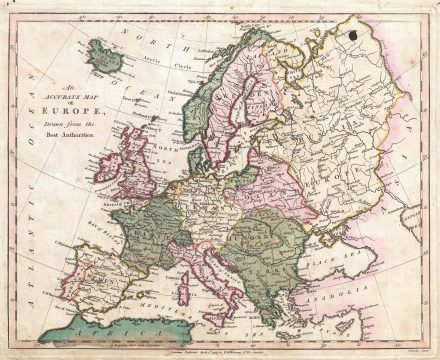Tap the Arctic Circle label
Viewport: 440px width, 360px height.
(150, 62)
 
